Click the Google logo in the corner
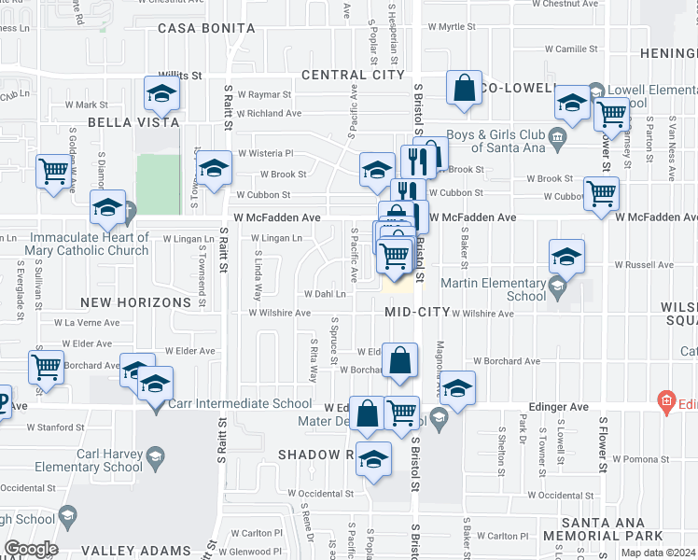click(31, 549)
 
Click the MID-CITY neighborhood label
click(417, 312)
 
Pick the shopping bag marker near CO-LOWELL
click(464, 89)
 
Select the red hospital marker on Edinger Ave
click(666, 402)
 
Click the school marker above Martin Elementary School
click(566, 257)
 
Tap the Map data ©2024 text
click(658, 553)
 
